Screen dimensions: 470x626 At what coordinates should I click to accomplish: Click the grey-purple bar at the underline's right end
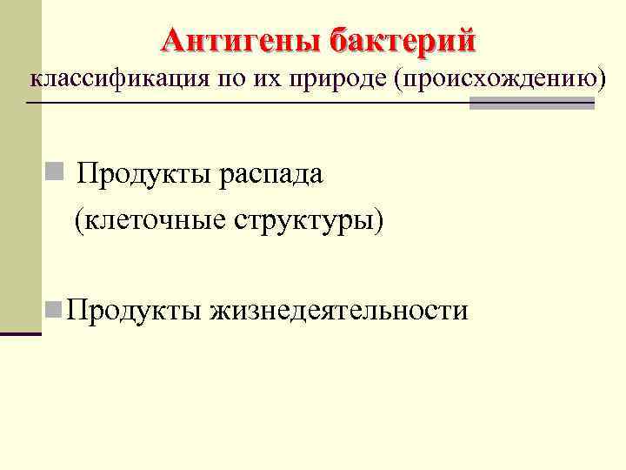(x=531, y=104)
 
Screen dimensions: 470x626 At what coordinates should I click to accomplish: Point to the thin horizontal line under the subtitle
(x=243, y=104)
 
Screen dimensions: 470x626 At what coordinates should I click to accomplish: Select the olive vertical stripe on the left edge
(x=20, y=165)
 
